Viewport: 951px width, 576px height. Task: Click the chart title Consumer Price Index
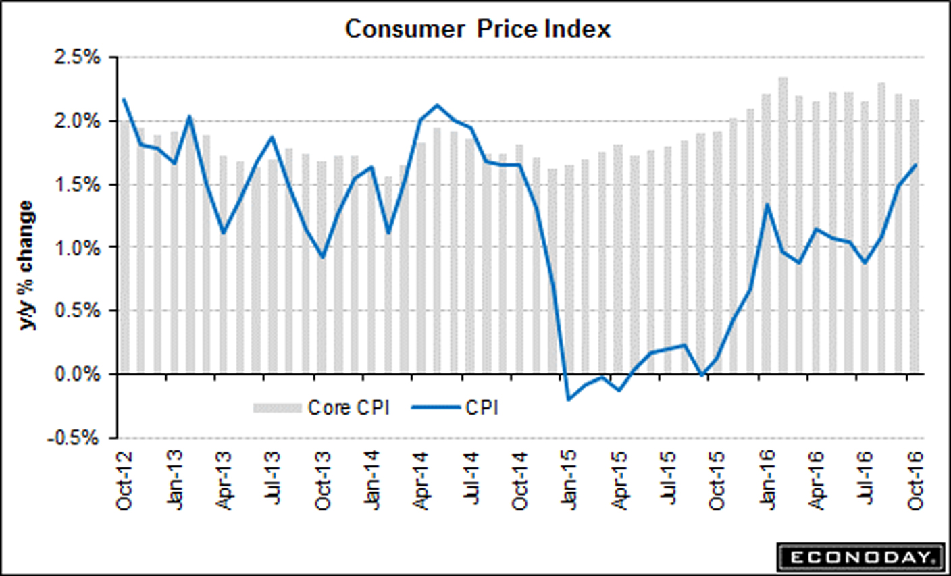[478, 29]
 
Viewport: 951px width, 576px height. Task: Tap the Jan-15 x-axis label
[569, 479]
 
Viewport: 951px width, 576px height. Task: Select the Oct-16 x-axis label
[915, 479]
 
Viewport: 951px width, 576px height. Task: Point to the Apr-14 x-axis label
[421, 479]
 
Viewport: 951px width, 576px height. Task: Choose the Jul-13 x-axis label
[273, 479]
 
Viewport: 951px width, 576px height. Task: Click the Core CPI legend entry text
[349, 408]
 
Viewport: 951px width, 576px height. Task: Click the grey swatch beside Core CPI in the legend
[277, 408]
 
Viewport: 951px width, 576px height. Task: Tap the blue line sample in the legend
[435, 408]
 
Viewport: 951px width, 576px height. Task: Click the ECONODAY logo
[860, 557]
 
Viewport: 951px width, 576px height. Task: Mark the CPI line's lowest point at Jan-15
[569, 400]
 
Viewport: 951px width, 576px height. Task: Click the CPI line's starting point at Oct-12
[124, 99]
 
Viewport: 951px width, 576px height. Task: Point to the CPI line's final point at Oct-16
[916, 165]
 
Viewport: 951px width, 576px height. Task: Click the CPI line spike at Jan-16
[767, 204]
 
